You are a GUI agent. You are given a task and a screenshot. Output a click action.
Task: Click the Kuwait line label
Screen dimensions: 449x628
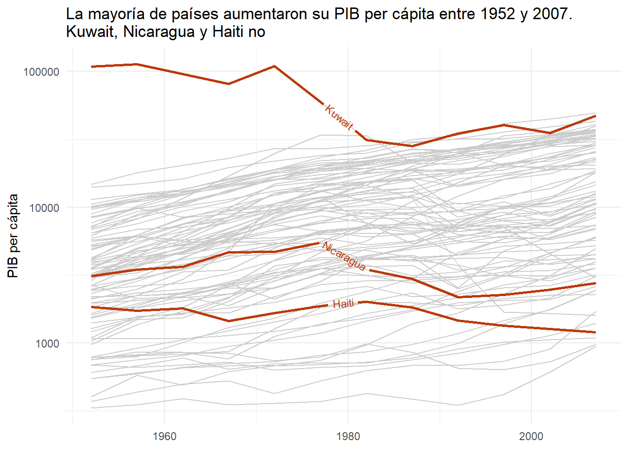coord(339,117)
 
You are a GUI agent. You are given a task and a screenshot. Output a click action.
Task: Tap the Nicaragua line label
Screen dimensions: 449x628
coord(344,256)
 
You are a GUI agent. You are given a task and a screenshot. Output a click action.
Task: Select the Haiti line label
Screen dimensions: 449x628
coord(343,304)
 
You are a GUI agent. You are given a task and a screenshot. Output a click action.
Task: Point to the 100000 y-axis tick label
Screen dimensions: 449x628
coord(42,72)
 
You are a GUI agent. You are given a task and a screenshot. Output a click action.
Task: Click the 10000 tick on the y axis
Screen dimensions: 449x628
coord(44,208)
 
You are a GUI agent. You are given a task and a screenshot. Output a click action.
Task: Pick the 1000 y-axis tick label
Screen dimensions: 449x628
coord(47,343)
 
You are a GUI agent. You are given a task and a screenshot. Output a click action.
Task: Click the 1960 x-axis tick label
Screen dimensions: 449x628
coord(164,436)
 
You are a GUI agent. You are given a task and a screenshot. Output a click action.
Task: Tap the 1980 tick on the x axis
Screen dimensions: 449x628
coord(348,436)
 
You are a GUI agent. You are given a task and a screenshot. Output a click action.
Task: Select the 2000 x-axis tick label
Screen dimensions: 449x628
coord(531,436)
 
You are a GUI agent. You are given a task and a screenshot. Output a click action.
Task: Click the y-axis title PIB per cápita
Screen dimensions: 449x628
coord(13,236)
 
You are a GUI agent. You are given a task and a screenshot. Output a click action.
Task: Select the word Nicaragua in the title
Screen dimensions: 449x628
coord(159,32)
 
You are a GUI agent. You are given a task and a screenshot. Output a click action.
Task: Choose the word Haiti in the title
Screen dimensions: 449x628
coord(228,32)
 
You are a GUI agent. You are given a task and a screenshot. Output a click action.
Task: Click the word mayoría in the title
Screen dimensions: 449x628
coord(115,14)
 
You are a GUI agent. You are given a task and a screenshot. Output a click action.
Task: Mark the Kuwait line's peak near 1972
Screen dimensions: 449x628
coord(275,66)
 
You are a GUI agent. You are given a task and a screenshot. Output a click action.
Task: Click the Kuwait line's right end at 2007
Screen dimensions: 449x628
coord(595,116)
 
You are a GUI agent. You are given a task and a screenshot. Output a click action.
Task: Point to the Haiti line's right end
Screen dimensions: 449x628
coord(595,332)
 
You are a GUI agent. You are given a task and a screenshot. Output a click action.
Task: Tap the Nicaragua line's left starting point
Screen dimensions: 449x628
coord(92,276)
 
